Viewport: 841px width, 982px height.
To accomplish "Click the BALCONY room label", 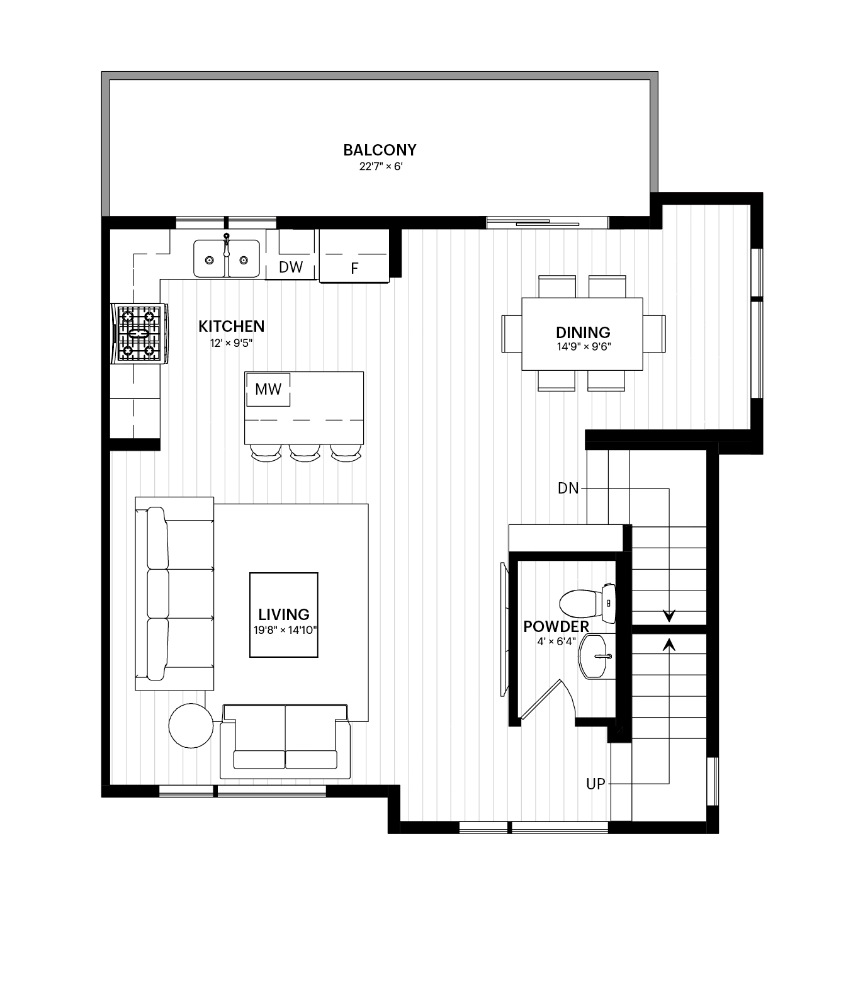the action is (380, 150).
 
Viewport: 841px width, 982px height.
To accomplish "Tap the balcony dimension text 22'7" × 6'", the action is (381, 166).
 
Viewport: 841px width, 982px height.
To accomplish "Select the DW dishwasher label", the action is (291, 267).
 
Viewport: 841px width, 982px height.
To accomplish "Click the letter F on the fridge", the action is (354, 269).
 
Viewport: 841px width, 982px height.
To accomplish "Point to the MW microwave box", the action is (268, 389).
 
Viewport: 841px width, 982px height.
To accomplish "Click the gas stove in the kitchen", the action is (139, 334).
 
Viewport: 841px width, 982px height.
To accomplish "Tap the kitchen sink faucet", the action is (227, 244).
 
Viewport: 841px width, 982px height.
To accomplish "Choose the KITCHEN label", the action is (232, 326).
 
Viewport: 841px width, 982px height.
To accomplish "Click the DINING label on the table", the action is (583, 332).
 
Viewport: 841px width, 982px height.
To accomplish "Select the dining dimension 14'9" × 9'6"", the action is (584, 346).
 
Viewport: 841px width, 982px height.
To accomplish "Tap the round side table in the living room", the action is (191, 725).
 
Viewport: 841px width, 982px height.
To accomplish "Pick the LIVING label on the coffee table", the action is (284, 614).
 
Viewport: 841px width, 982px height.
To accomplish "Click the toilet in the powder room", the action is (587, 604).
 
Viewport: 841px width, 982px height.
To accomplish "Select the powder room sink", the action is (595, 657).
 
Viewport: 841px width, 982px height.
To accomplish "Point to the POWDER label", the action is (556, 626).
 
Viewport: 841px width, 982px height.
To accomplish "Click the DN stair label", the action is (568, 488).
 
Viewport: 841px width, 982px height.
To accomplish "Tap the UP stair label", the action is (595, 784).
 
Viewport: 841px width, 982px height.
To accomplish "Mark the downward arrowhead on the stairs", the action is (669, 616).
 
